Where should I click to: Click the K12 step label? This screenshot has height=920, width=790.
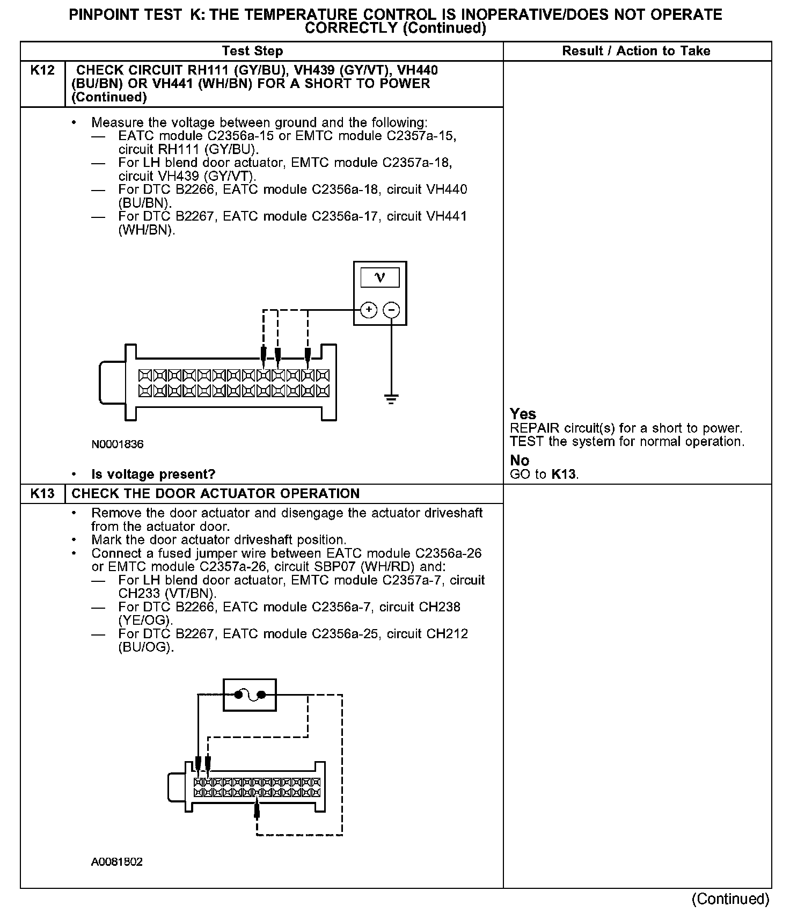(x=42, y=70)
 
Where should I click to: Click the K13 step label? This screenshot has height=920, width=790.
(x=42, y=493)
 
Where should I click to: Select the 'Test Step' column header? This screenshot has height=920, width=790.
(x=252, y=51)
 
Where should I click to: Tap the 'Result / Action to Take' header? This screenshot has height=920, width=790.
(x=636, y=51)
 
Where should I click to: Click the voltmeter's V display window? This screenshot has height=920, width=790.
(x=380, y=278)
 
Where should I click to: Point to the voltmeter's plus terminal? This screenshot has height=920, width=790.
(x=369, y=310)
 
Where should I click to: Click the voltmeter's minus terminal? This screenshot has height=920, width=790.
(x=392, y=310)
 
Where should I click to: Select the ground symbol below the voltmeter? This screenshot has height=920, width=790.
(x=392, y=399)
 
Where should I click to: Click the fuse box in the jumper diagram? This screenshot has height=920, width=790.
(x=250, y=695)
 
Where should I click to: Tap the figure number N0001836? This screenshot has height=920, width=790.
(x=118, y=444)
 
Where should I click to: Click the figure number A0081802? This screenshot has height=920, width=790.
(x=117, y=862)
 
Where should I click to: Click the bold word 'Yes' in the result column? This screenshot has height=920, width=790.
(x=523, y=414)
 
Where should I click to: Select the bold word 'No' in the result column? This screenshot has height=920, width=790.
(x=519, y=461)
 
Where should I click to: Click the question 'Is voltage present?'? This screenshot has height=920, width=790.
(x=153, y=474)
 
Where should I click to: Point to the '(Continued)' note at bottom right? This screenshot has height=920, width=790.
(x=730, y=899)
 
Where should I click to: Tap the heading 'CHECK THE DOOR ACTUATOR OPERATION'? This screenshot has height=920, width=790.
(x=215, y=493)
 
